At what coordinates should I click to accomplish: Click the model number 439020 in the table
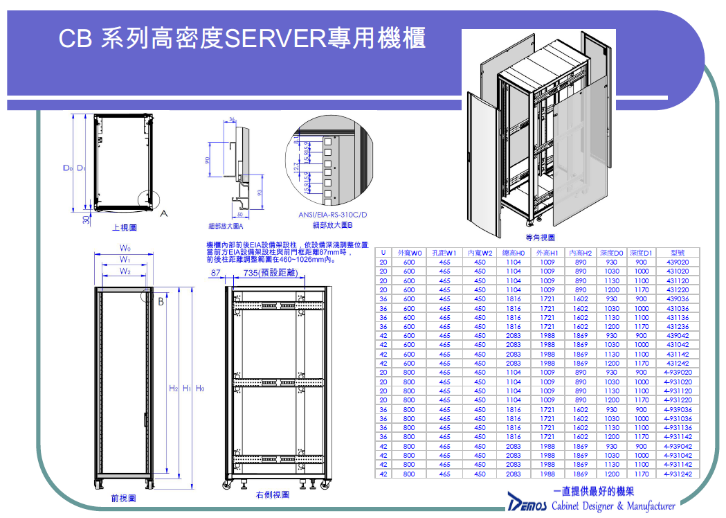tap(677, 262)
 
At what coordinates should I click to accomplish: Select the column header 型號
tap(678, 253)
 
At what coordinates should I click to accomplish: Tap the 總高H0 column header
tap(513, 253)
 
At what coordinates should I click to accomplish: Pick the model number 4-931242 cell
tap(677, 474)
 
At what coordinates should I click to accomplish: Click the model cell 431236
tap(677, 326)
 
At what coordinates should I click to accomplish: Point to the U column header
tap(383, 253)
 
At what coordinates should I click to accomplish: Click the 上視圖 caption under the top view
tap(125, 227)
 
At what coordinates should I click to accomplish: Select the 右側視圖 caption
tap(272, 495)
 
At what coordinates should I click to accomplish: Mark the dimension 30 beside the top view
tap(86, 219)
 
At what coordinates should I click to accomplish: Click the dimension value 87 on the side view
tap(215, 274)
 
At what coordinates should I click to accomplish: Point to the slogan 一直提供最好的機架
tap(594, 491)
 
